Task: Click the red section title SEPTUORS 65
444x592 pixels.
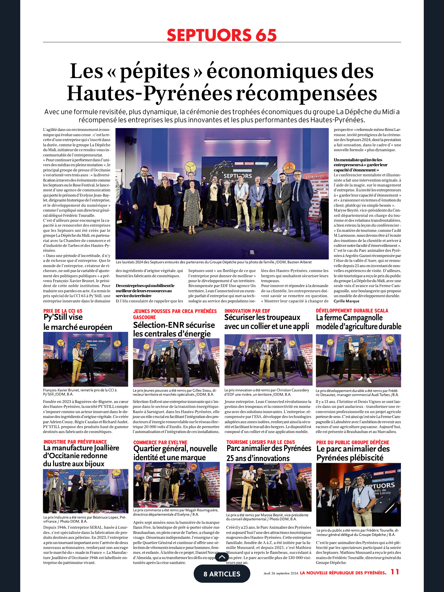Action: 222,35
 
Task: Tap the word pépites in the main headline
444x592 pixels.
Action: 155,71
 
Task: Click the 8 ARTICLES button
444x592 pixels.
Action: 222,574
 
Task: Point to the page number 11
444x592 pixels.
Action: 395,572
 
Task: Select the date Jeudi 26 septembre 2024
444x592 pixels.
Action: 281,573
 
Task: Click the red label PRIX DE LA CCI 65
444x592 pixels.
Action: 63,311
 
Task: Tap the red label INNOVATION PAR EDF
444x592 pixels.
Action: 247,311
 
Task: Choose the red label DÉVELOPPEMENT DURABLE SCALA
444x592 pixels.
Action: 352,311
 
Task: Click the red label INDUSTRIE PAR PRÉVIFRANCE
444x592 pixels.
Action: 75,442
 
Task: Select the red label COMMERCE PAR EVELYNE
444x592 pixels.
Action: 160,443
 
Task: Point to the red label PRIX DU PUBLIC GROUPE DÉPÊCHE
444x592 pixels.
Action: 353,443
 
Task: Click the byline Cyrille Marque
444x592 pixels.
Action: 346,301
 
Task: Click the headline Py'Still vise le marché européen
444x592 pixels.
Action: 77,322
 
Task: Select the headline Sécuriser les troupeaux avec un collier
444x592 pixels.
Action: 267,322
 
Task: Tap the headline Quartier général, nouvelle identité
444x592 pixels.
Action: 175,453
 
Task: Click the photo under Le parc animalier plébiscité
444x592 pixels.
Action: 358,495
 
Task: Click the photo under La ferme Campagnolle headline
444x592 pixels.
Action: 358,360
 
